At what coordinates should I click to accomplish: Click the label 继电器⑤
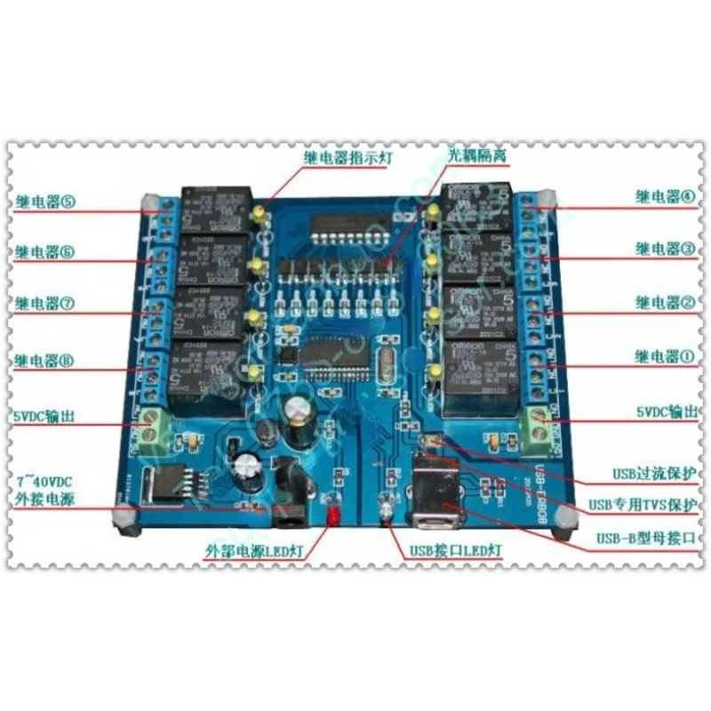pos(44,201)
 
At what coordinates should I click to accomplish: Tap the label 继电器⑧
pos(44,360)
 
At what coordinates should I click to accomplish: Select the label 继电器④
pos(665,196)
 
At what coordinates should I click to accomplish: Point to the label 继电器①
pos(665,358)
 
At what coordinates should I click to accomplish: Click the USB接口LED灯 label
pos(454,551)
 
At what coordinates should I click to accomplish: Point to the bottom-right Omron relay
pos(480,373)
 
